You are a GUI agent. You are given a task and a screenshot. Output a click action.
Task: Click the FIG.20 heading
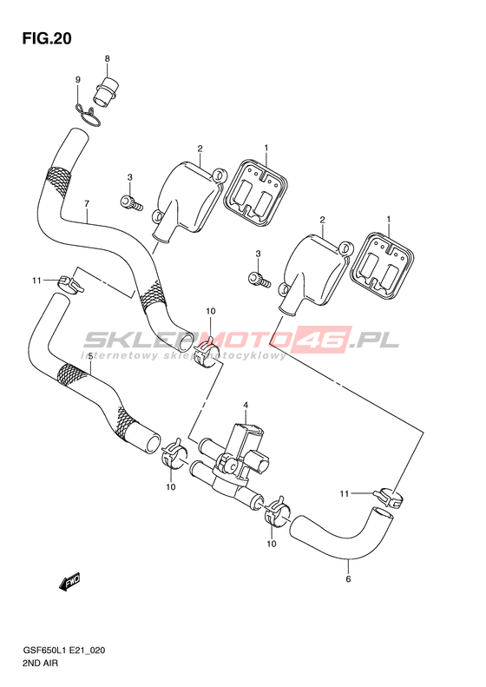(47, 38)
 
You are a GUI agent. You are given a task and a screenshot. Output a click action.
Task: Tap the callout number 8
(107, 59)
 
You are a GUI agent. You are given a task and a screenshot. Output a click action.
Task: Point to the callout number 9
(78, 80)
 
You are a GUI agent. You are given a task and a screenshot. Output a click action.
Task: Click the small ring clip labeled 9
(89, 116)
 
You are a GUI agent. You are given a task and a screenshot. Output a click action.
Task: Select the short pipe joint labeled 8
(106, 92)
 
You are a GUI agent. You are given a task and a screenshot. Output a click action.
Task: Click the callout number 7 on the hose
(87, 204)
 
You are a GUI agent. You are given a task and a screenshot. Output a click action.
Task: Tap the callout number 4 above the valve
(246, 406)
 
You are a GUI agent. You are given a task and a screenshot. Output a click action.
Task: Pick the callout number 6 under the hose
(349, 578)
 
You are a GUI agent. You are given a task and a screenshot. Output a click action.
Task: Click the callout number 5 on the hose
(90, 357)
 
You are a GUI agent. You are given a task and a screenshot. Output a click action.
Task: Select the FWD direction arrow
(70, 582)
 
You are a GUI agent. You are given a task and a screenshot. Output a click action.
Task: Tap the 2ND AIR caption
(41, 664)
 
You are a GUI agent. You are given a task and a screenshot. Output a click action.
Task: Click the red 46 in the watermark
(324, 339)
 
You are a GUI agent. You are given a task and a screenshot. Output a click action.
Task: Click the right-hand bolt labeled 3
(259, 278)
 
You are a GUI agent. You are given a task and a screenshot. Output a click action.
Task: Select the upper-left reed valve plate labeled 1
(255, 189)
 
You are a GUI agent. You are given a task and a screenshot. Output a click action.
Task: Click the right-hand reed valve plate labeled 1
(382, 265)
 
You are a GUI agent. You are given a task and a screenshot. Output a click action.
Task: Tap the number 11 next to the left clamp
(36, 281)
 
